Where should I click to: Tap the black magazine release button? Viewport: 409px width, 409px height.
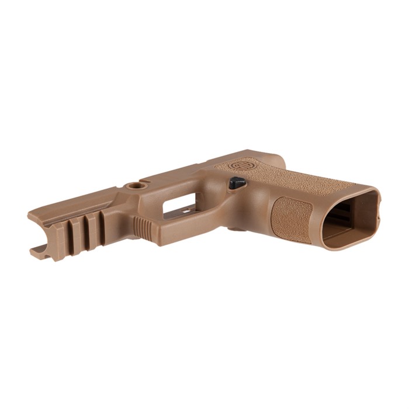click(236, 183)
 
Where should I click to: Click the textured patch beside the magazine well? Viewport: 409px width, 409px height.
click(291, 219)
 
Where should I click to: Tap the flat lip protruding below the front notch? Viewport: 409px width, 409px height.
click(38, 252)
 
